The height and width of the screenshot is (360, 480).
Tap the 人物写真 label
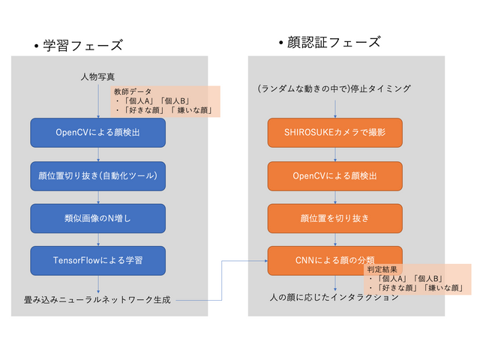98,76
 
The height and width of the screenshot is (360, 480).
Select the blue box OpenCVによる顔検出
98,133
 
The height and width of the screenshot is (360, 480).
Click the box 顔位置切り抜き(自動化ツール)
98,175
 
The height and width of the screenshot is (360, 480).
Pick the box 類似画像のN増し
98,218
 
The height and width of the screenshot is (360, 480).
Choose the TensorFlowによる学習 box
98,260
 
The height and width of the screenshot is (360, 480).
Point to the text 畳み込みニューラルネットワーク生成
98,300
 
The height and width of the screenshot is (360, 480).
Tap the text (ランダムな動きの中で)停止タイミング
334,89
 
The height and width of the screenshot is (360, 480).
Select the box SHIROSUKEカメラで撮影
334,133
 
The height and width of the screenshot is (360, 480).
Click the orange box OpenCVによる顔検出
334,175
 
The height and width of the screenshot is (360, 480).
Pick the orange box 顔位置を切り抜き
334,218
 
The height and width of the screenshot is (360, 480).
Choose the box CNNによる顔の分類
334,260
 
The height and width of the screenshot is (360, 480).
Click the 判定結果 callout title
382,268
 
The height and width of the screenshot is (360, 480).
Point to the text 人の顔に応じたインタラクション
334,297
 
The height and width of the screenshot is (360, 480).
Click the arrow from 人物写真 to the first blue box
98,100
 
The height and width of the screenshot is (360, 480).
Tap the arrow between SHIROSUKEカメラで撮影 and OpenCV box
334,154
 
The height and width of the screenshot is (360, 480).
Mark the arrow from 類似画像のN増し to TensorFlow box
98,239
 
